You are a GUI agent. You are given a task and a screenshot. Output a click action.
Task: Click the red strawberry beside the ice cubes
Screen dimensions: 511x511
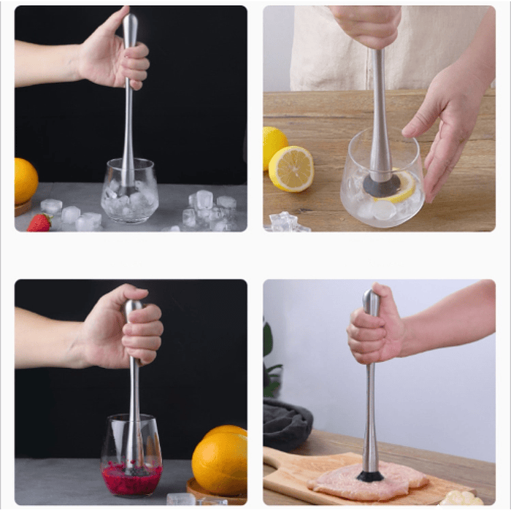39,223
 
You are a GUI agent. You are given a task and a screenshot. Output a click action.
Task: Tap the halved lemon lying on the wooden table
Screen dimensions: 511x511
291,169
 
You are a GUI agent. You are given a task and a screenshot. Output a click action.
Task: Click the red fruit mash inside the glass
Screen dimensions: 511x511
131,480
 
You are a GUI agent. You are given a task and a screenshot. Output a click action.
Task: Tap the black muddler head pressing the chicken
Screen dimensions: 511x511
369,476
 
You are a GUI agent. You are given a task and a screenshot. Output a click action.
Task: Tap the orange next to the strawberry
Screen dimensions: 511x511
25,181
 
